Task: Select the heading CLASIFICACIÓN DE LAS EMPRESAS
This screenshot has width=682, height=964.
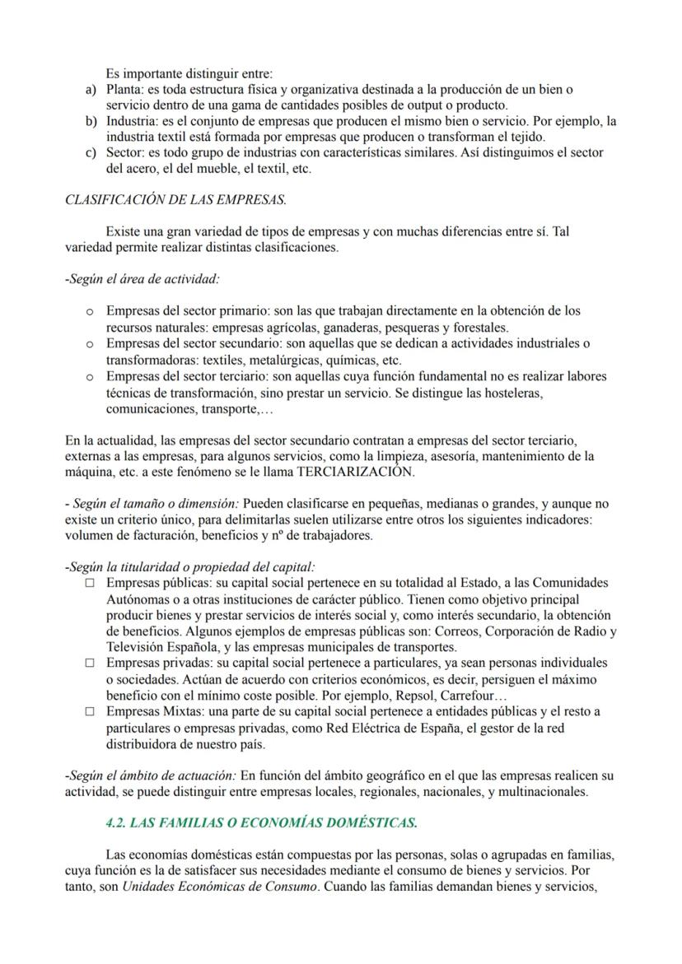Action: [x=175, y=199]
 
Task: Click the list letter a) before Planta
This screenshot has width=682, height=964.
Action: [x=91, y=89]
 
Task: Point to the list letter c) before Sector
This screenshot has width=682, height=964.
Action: [x=91, y=153]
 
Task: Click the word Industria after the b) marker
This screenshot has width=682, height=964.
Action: [x=132, y=121]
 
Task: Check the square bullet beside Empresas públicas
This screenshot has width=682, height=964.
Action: [x=90, y=583]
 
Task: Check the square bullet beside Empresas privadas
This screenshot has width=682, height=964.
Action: [x=90, y=663]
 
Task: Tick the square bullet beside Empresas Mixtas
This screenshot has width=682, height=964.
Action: [x=90, y=711]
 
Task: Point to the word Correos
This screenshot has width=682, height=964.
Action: [x=457, y=631]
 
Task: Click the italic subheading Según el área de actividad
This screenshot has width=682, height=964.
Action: [x=142, y=279]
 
